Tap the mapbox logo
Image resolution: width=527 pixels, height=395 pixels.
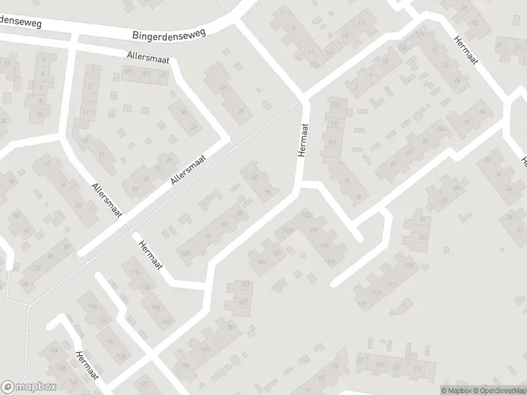pos(29,387)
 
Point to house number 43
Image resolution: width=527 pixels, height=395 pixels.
pos(223,88)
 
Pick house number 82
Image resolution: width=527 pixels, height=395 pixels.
pos(254,177)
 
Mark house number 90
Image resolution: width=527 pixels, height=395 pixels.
pos(225,226)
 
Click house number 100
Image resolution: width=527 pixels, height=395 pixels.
pos(185,253)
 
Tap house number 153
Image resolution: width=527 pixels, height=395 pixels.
pos(246,284)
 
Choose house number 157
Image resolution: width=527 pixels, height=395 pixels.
pos(242,302)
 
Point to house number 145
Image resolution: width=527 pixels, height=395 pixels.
pos(277,252)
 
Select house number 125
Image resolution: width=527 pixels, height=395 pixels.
pos(323,246)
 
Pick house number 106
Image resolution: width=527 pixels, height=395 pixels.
pos(155,307)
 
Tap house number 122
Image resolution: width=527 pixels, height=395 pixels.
pos(110,342)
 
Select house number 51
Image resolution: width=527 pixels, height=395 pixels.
pos(467,122)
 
